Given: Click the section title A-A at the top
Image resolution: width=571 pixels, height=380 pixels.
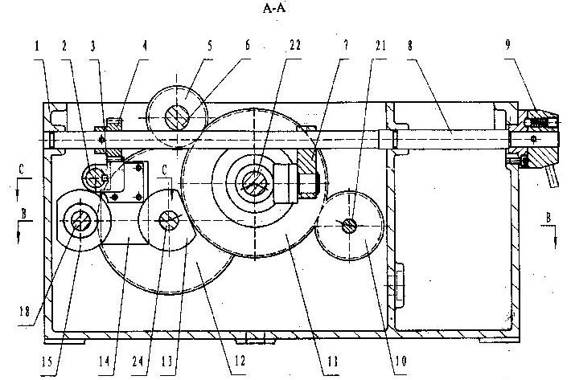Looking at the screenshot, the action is (x=274, y=8).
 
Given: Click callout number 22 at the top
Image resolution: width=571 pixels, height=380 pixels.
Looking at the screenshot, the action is (x=295, y=45).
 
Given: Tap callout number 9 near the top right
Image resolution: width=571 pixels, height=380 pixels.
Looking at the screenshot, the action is (x=507, y=44).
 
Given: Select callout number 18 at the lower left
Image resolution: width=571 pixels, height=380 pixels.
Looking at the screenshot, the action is (x=25, y=312).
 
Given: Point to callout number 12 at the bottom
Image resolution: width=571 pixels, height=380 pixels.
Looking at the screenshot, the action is (x=240, y=361).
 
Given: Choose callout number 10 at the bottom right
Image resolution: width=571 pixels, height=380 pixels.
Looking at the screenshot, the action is (x=401, y=361).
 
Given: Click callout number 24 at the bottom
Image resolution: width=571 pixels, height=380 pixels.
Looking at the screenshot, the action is (x=138, y=361).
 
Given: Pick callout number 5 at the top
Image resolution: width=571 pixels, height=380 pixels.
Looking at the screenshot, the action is (x=210, y=46).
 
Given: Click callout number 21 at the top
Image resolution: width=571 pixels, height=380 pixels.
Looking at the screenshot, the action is (x=380, y=46).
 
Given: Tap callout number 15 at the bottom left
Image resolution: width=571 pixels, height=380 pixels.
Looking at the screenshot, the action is (x=47, y=362).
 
